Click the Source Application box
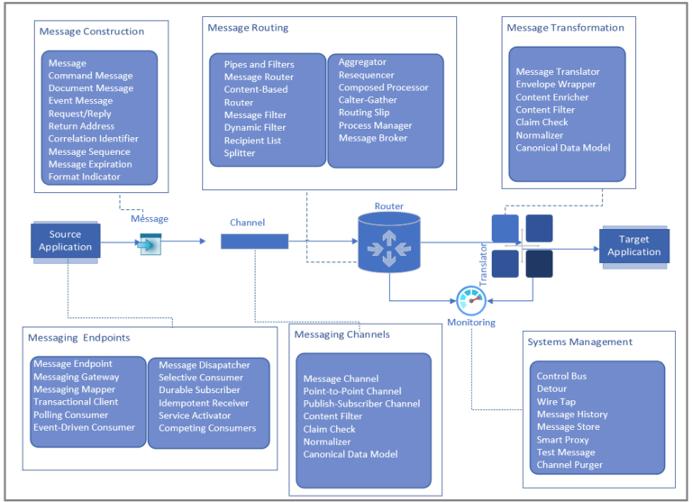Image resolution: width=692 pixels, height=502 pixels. coord(65,241)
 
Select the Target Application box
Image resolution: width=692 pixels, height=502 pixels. coord(634,245)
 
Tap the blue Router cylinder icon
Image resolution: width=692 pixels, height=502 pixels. coord(389,242)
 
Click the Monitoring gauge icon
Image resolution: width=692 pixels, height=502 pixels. coord(470,300)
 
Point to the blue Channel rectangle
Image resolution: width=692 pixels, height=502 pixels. coord(255,241)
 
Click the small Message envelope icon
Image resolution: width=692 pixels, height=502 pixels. coord(150,243)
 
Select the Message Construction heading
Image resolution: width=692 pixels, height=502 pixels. coord(92,32)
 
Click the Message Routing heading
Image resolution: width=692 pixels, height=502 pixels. coord(248,28)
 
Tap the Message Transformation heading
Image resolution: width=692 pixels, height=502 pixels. coord(565,28)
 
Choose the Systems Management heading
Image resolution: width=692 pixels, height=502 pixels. coord(580,342)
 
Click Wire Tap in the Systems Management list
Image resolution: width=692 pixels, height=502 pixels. coord(557,402)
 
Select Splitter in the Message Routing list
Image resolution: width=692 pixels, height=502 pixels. coord(240,153)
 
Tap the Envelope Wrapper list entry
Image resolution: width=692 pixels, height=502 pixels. coord(556,85)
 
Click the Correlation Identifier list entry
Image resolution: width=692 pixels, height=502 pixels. coord(94,139)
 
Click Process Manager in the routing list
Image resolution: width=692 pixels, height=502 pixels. coord(375,125)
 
